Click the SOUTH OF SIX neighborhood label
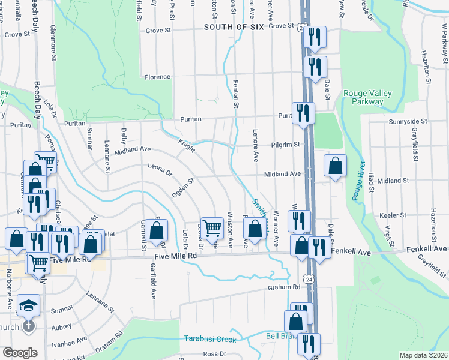[230, 26]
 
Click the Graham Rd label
[283, 287]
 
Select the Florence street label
[157, 77]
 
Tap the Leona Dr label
[160, 171]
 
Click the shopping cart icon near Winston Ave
[211, 229]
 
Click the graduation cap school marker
[28, 306]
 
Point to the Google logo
[20, 353]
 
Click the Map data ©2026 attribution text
[423, 355]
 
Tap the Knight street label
[186, 145]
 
